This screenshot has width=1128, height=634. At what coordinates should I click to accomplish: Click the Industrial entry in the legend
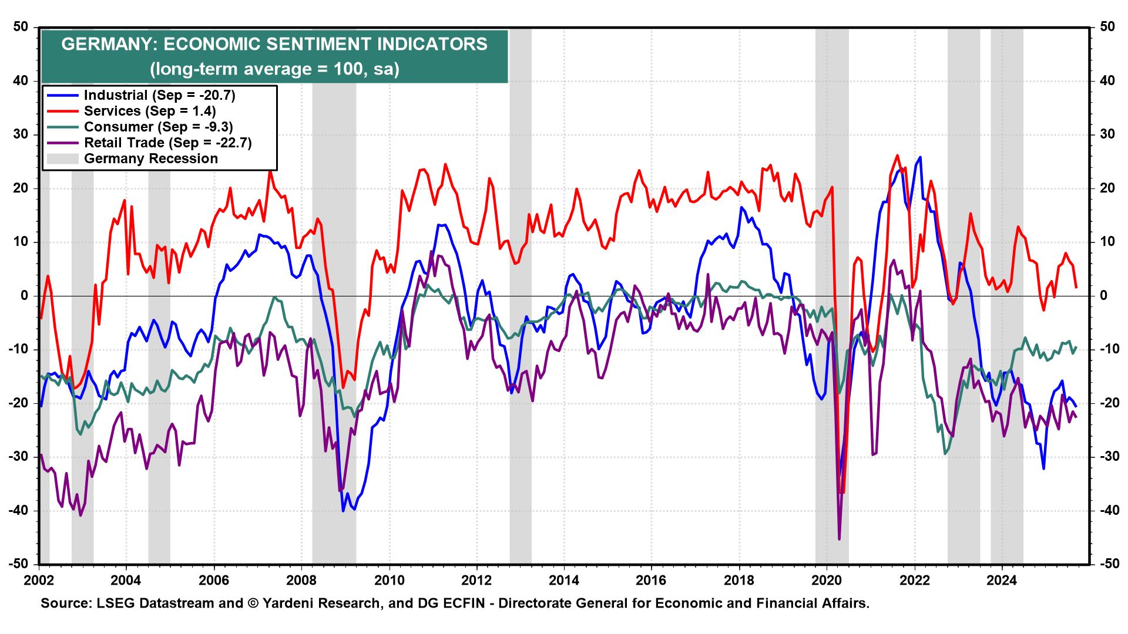click(159, 96)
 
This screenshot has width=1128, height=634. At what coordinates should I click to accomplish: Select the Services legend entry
click(150, 112)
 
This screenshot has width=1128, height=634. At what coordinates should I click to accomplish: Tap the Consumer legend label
click(158, 127)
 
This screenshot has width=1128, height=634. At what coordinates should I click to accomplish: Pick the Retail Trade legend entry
click(167, 143)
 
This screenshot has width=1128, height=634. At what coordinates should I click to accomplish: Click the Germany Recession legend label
click(151, 159)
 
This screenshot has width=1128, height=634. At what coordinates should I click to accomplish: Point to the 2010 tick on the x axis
click(389, 581)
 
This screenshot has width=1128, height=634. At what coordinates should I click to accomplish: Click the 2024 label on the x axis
click(1002, 581)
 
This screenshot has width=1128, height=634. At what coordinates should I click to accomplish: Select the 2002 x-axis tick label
click(39, 581)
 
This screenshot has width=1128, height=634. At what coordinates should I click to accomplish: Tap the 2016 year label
click(651, 581)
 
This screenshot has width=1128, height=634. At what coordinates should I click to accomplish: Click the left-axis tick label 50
click(21, 27)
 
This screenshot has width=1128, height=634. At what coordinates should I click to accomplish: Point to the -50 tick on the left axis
click(18, 564)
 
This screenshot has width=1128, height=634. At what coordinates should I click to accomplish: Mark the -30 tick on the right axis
click(1107, 456)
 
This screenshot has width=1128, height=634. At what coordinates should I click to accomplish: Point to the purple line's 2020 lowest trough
click(839, 539)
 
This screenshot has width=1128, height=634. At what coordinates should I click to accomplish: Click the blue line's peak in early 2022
click(919, 157)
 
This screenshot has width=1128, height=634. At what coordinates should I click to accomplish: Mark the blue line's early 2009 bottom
click(344, 511)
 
